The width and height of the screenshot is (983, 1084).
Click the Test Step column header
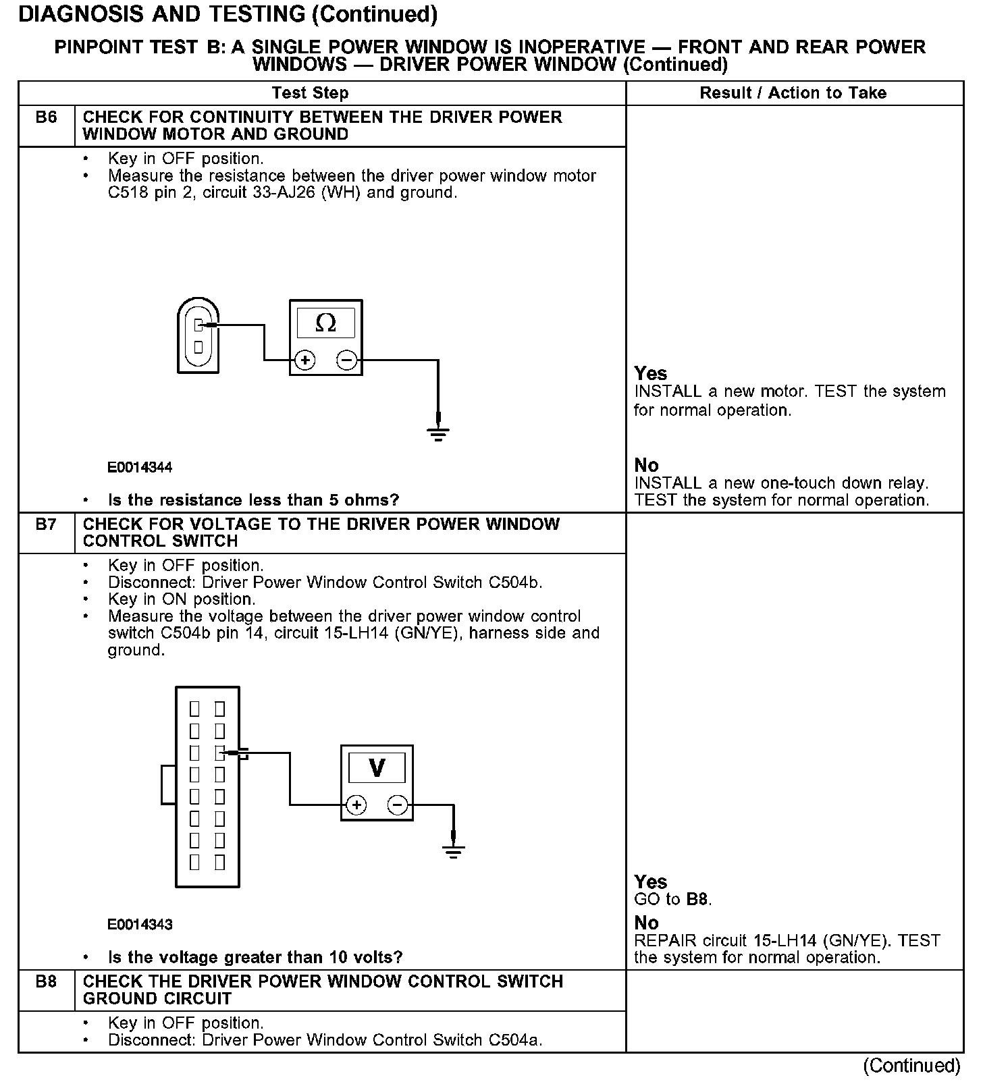pos(310,93)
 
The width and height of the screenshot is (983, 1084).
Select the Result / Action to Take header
pos(793,93)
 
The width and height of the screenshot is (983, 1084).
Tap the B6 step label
pos(46,117)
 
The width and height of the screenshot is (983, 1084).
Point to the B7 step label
pos(46,524)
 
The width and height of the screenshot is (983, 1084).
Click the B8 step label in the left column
pos(46,982)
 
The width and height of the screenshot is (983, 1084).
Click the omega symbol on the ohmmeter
pos(325,323)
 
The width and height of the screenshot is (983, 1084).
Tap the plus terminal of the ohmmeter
pos(305,360)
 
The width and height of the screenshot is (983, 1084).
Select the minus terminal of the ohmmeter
pos(346,360)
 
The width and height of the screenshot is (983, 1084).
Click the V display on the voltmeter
pos(377,768)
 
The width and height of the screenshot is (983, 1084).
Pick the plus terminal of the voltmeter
pos(356,805)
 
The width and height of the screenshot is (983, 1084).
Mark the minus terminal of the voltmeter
pos(398,805)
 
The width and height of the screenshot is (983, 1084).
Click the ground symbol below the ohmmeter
pos(438,433)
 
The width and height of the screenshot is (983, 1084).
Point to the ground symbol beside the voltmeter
pos(454,851)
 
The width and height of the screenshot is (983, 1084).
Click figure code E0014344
pos(140,467)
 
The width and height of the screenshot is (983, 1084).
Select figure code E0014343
pos(140,925)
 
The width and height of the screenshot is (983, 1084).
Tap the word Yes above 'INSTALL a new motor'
pos(650,373)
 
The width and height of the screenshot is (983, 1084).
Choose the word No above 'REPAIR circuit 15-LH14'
pos(646,923)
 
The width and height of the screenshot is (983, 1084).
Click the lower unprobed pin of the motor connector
pos(198,347)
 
